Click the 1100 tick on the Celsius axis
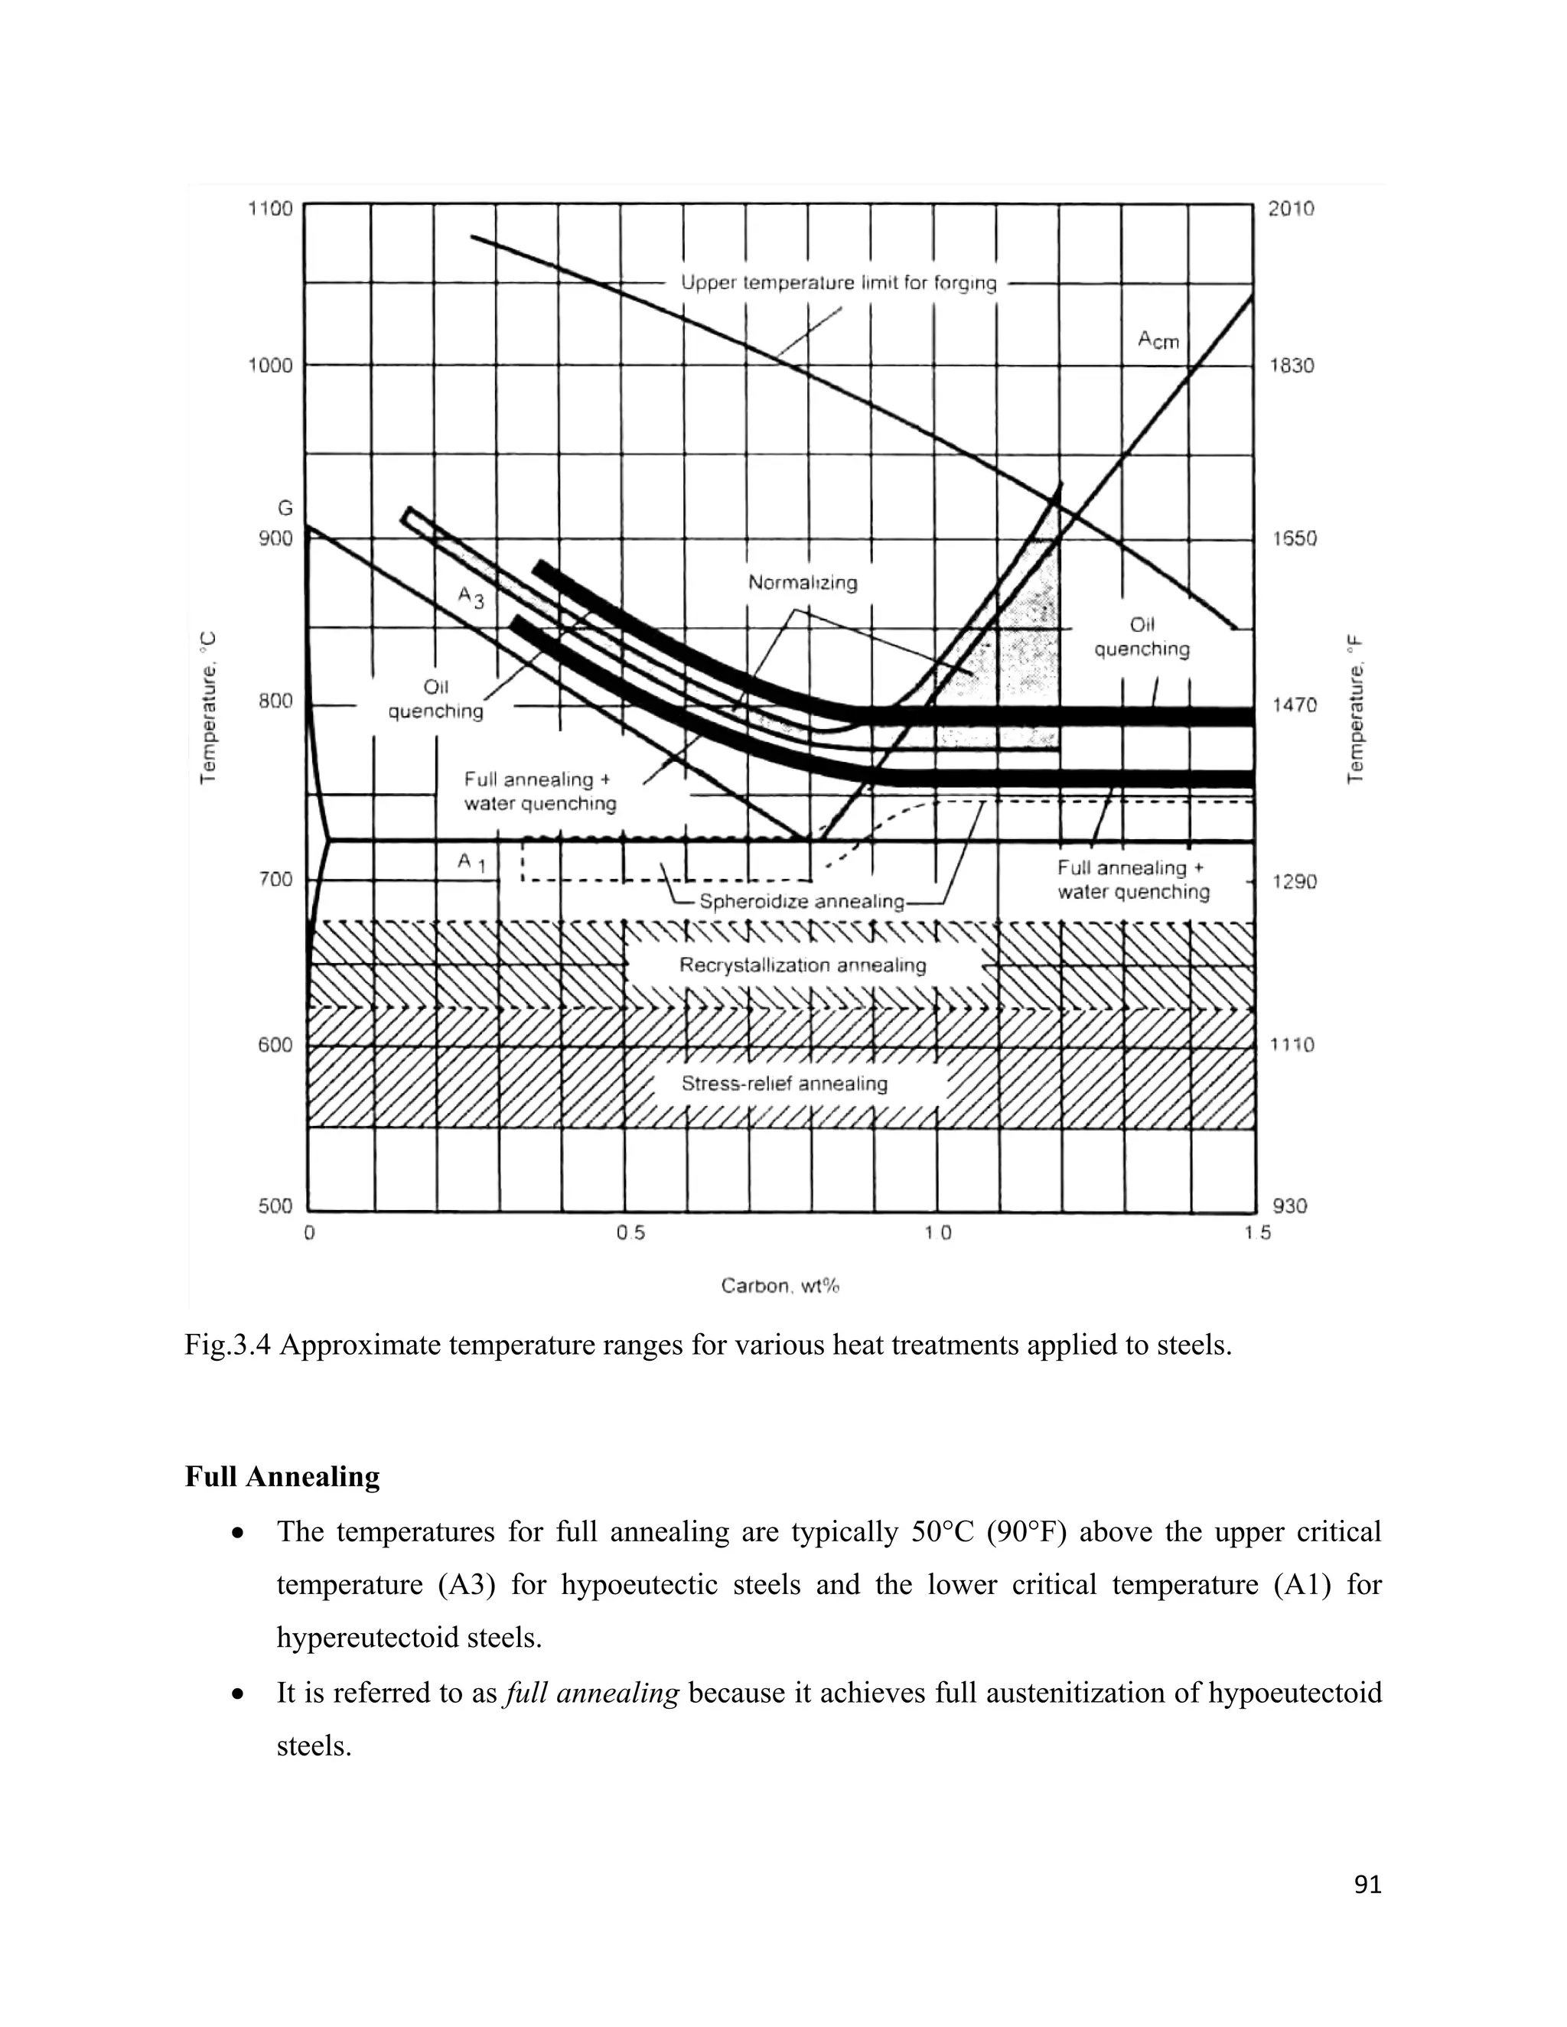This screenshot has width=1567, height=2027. tap(269, 209)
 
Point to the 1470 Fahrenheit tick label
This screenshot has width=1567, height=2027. tap(1294, 705)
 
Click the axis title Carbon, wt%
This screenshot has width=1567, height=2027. tap(780, 1286)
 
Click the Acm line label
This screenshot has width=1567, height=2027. tap(1158, 340)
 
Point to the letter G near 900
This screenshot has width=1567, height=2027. tap(285, 508)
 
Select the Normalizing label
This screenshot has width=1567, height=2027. tap(802, 583)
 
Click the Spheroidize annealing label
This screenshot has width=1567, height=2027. tap(801, 901)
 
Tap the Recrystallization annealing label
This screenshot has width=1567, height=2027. tap(802, 965)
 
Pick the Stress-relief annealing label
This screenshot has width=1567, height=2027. tap(784, 1083)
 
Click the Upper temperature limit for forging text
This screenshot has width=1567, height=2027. tap(839, 282)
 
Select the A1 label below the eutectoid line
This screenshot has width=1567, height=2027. tap(471, 862)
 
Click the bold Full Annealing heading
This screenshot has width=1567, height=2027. tap(282, 1476)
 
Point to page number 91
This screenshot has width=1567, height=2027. tap(1367, 1885)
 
